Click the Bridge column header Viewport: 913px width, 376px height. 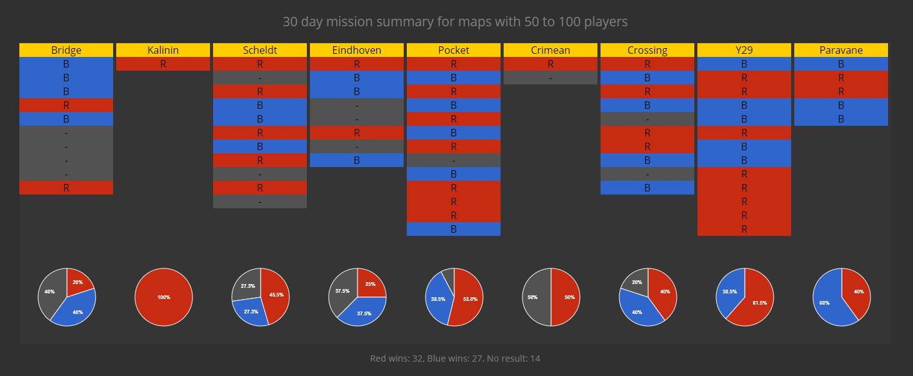[66, 50]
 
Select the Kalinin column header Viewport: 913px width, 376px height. [163, 50]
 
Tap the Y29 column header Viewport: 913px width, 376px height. [744, 50]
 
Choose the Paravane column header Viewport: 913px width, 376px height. [841, 50]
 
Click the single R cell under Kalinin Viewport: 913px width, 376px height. [163, 64]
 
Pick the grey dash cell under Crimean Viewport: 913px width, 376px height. [551, 78]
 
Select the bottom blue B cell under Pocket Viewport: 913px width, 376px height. [454, 229]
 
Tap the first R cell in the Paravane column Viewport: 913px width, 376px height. [841, 78]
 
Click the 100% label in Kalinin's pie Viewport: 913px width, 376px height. [164, 297]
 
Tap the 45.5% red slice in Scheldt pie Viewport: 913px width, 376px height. [274, 295]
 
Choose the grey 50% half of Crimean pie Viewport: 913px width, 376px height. [534, 297]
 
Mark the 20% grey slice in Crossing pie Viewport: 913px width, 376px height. [636, 283]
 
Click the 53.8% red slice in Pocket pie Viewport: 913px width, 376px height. [469, 299]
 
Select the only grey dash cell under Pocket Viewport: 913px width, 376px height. [454, 160]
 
